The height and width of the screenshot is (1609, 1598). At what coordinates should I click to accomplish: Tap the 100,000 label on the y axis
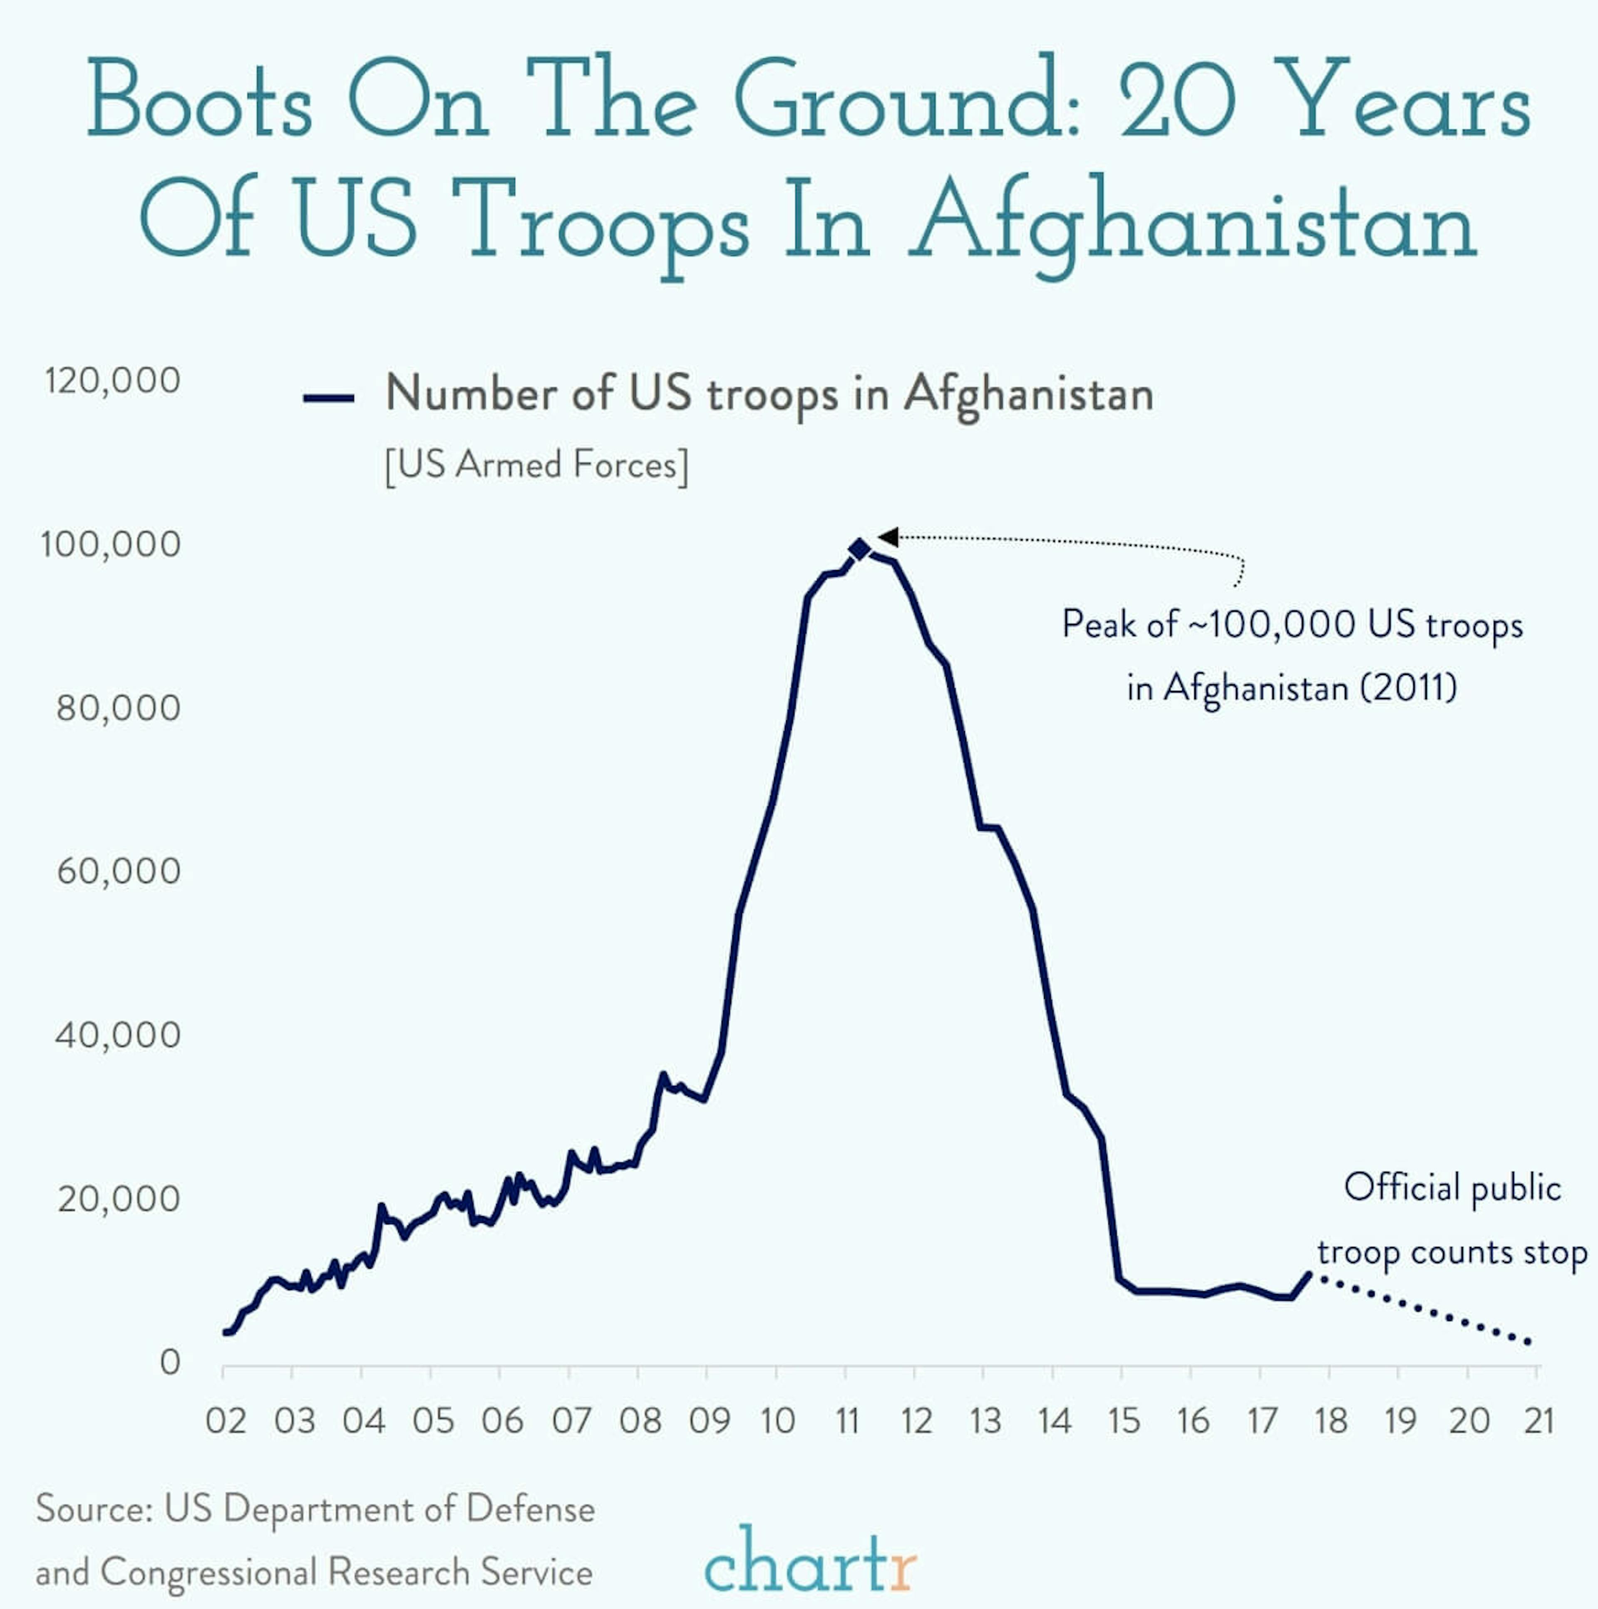[111, 545]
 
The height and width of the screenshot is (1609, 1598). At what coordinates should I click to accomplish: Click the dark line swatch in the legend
[329, 398]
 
